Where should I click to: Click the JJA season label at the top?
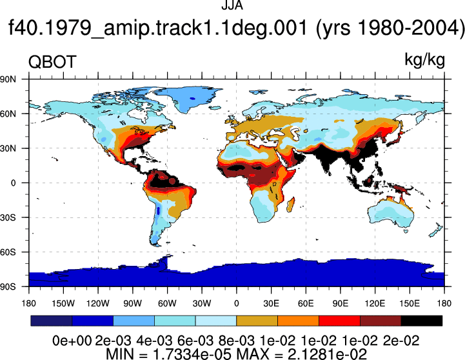click(232, 5)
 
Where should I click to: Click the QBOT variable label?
click(52, 62)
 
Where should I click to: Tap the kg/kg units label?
click(424, 60)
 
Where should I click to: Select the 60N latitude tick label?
click(8, 114)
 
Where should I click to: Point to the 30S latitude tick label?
click(8, 217)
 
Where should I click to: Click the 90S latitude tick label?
click(8, 286)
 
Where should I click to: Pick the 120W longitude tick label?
click(98, 304)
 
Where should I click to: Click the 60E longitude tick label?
click(306, 304)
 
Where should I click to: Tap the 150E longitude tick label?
click(410, 304)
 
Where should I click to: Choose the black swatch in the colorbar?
click(422, 321)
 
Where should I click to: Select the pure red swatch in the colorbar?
click(339, 321)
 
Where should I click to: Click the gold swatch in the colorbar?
click(257, 321)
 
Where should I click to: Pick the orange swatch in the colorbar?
click(298, 321)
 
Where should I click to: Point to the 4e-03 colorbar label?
click(154, 341)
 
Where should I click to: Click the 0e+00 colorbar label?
click(72, 341)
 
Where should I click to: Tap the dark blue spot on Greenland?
click(193, 99)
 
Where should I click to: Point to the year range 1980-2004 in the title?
click(410, 28)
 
